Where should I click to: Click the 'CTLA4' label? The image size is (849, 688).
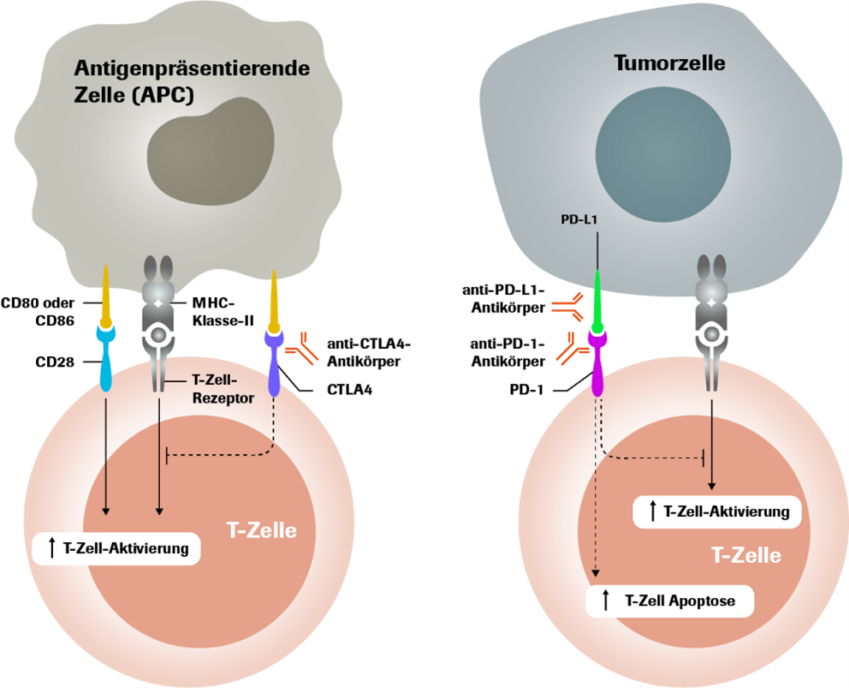pyautogui.click(x=348, y=391)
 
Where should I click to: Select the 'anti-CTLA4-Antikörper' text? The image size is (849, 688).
pyautogui.click(x=369, y=351)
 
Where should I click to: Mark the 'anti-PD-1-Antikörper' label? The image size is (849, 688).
pyautogui.click(x=507, y=352)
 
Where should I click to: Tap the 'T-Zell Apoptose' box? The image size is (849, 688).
pyautogui.click(x=670, y=601)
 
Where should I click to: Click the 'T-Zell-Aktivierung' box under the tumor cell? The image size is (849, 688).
pyautogui.click(x=717, y=512)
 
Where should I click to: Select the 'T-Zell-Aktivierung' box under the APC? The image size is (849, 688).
pyautogui.click(x=116, y=548)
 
